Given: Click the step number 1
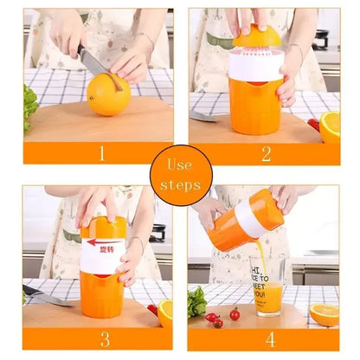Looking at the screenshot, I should point(101,154).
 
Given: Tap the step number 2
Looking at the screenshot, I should point(266,154).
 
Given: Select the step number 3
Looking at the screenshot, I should point(104,338).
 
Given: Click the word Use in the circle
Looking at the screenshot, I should point(180,165).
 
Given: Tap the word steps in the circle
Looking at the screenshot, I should point(180,185).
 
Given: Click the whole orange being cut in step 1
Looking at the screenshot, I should point(108,94).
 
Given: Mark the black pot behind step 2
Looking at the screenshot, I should point(321,39).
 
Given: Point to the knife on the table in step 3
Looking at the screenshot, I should point(48,296).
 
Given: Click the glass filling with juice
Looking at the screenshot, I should point(267,286).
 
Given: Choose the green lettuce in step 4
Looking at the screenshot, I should point(197,303).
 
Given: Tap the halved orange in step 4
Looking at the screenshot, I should point(324,314).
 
